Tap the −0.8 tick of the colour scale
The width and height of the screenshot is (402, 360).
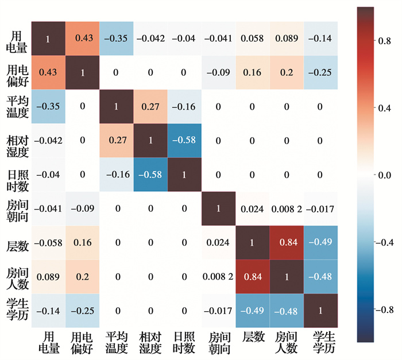385,309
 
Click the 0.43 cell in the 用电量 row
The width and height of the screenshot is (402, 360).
82,38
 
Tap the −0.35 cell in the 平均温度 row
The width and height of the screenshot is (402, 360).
47,107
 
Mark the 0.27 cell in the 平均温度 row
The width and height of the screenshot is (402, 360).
150,107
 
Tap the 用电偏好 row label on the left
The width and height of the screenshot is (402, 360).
15,73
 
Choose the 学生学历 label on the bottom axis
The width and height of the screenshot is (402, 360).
321,342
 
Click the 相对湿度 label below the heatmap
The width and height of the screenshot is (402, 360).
150,342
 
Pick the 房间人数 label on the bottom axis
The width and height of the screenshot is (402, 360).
287,342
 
